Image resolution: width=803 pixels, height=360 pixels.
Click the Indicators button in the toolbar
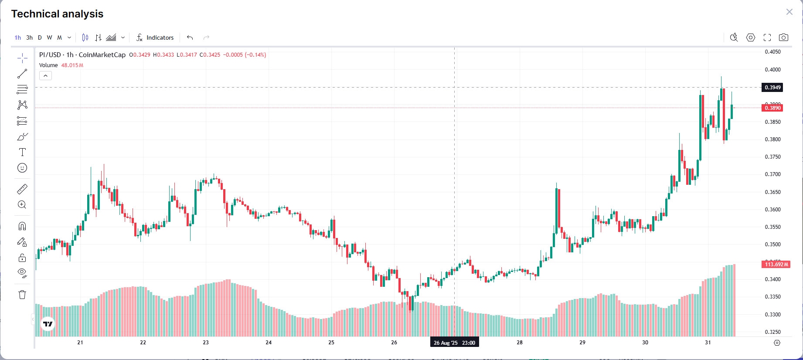click(x=155, y=37)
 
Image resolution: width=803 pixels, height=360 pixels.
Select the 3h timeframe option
click(x=29, y=37)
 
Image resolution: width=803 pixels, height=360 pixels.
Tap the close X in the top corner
click(x=789, y=12)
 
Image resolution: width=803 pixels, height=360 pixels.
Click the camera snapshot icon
click(x=783, y=37)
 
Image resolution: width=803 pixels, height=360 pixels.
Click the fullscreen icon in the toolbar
click(x=767, y=37)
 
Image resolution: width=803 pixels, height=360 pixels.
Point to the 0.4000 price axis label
click(x=772, y=70)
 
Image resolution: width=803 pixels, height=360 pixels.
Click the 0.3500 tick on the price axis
click(x=772, y=245)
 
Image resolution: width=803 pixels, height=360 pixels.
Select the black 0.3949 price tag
click(x=772, y=88)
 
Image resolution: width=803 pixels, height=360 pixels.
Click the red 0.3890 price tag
click(x=772, y=108)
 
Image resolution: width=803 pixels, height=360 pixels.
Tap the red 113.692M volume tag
click(x=776, y=265)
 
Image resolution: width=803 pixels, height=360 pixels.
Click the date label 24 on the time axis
click(x=269, y=343)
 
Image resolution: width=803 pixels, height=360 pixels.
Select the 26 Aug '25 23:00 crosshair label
click(x=454, y=343)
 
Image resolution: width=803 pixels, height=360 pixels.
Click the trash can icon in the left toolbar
click(x=22, y=295)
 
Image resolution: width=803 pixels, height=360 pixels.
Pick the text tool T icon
click(x=22, y=152)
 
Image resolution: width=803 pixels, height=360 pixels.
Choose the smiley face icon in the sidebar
click(x=22, y=168)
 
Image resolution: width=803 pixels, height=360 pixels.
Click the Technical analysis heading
click(x=57, y=14)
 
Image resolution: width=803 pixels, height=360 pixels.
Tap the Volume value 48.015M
click(x=72, y=65)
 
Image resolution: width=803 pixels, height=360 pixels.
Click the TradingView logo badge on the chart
click(x=48, y=324)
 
